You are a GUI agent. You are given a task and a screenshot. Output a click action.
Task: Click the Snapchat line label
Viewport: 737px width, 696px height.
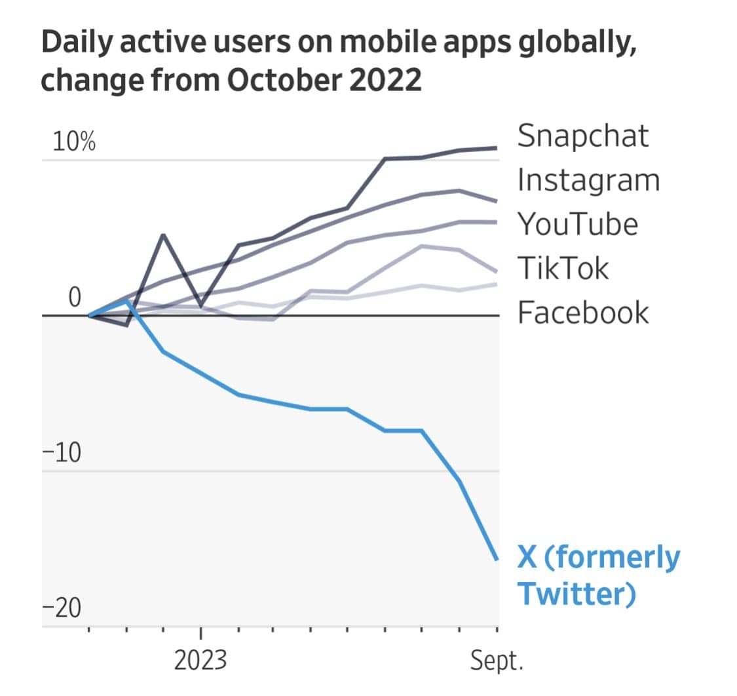coord(582,136)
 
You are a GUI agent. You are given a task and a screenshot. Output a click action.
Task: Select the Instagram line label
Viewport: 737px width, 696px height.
coord(588,180)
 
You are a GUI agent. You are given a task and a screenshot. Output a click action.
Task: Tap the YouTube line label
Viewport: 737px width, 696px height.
coord(577,224)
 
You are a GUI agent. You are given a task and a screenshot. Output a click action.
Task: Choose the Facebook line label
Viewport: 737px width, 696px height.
coord(583,312)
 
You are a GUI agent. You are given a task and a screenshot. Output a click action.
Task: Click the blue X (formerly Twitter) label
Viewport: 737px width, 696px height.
coord(598,576)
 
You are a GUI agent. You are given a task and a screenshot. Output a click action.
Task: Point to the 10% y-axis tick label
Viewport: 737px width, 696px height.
coord(74,142)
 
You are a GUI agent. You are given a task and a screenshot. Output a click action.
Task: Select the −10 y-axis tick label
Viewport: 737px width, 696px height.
coord(61,453)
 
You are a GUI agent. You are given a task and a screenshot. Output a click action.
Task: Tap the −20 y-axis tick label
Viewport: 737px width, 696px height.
coord(61,609)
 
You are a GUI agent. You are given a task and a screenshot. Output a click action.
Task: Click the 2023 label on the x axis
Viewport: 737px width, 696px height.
coord(200,661)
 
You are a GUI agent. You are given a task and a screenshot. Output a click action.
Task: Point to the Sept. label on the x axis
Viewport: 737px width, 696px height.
coord(497,661)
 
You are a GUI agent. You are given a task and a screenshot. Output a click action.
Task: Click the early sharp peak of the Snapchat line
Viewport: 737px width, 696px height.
coord(163,235)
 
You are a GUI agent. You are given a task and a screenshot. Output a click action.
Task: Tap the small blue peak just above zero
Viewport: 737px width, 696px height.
coord(127,301)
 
